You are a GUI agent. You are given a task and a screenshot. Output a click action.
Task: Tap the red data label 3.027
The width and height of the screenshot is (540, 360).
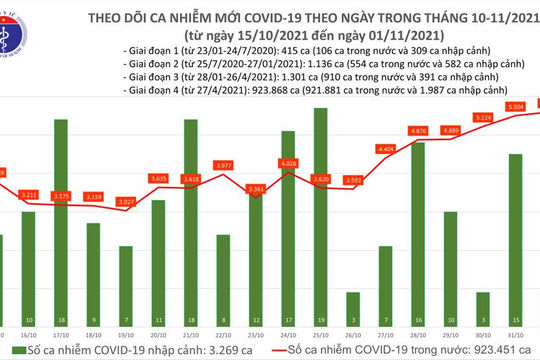tap(126, 202)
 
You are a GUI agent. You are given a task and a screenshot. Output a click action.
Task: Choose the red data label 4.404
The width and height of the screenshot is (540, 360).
tap(386, 149)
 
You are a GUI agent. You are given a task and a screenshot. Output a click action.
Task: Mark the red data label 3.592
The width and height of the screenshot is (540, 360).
tap(353, 181)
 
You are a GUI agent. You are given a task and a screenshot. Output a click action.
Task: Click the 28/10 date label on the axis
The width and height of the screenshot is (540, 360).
tap(418, 332)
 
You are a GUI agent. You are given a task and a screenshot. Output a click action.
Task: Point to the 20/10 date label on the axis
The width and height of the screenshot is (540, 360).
tap(158, 332)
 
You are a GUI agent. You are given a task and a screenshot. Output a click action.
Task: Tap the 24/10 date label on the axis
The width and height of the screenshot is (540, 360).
tap(289, 332)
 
